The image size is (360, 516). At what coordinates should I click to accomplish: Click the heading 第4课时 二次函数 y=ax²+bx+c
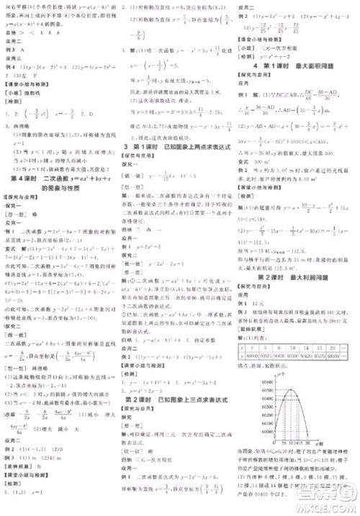[x=57, y=177]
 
